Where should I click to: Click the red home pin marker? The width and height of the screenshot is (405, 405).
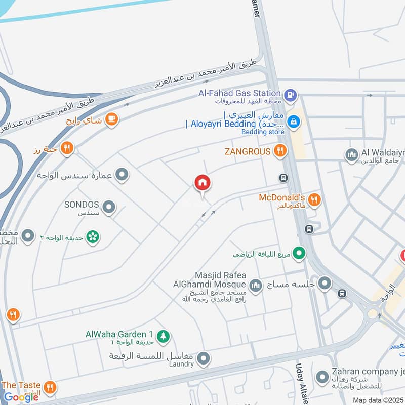[x=202, y=183]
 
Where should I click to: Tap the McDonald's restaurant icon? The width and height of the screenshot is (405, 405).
[x=314, y=200]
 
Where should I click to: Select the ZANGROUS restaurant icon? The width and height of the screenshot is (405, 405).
[x=279, y=150]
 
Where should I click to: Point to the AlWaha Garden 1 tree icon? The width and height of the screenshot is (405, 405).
[x=163, y=335]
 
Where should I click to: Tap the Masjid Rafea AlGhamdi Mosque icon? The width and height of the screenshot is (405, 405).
[x=256, y=286]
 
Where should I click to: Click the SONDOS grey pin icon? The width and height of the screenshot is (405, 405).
[x=108, y=207]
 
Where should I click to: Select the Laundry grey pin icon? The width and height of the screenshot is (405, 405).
[x=204, y=359]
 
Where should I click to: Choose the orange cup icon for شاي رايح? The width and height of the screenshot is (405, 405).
[x=112, y=119]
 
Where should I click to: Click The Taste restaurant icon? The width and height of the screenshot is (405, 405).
[x=50, y=388]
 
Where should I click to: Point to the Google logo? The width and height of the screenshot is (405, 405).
[x=21, y=397]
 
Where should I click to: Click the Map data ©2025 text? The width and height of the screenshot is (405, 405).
[x=378, y=400]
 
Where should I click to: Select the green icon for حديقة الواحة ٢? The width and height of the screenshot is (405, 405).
[x=92, y=237]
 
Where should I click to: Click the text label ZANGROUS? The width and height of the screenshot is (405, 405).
[x=248, y=151]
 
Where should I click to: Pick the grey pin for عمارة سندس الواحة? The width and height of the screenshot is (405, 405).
[x=121, y=175]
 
